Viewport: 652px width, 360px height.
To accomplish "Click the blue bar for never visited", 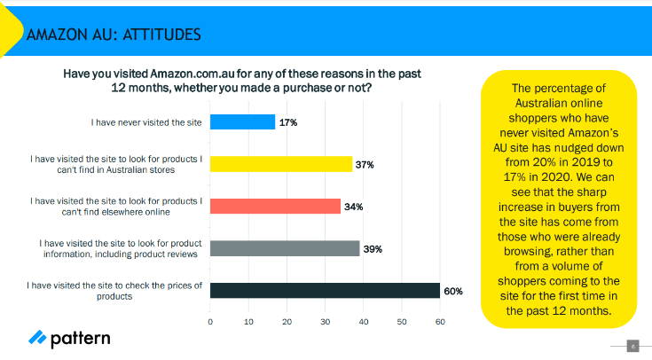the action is tap(242, 122).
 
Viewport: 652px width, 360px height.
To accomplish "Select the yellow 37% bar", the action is tap(281, 164).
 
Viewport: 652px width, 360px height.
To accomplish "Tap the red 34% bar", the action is tap(275, 207).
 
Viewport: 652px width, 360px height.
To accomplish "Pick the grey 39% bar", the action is tap(285, 248).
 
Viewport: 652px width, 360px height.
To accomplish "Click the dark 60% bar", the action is tap(325, 291).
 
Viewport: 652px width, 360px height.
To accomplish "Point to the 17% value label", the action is tap(288, 122).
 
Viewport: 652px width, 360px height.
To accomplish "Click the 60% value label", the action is tap(453, 291).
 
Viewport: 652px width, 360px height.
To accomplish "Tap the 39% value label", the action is tap(373, 249).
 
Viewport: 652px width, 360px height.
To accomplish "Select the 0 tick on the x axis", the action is tap(210, 322).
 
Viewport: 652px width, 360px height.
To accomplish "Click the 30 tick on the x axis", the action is tap(326, 322).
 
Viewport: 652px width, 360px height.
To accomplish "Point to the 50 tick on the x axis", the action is tap(402, 322).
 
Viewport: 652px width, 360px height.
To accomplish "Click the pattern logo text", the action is tap(80, 339).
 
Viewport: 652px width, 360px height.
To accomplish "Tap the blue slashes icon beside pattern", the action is tap(37, 337).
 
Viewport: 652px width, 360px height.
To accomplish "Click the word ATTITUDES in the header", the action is tap(161, 35).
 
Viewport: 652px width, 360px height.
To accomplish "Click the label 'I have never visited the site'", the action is tap(146, 122).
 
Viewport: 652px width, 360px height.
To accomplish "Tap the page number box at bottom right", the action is tap(632, 346).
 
